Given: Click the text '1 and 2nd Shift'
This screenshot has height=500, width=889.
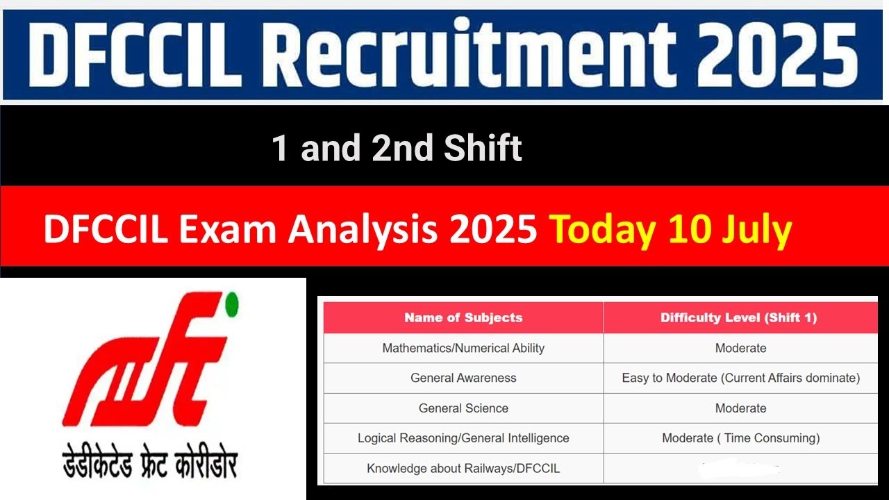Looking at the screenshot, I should tap(397, 148).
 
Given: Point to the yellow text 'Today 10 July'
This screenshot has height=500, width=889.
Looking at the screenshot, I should tap(670, 229).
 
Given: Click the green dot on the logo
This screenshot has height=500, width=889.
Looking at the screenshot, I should tap(232, 303).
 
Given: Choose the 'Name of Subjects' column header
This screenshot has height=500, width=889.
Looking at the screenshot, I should tap(463, 318).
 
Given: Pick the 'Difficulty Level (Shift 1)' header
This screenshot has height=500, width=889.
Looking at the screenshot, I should tap(739, 318).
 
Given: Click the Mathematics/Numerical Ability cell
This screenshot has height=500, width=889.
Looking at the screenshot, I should tap(463, 348).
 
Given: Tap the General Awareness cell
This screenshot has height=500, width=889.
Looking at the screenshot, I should tap(463, 378).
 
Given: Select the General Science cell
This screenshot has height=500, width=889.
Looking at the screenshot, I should tap(463, 408).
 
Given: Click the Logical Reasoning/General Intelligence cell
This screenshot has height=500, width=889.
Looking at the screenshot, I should tap(463, 438).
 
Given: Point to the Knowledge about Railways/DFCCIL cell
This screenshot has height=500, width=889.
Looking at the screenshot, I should tap(463, 469).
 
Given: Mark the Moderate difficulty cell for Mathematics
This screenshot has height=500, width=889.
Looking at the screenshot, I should tap(740, 348).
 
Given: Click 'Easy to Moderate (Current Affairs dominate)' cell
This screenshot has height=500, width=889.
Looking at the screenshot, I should tap(740, 378).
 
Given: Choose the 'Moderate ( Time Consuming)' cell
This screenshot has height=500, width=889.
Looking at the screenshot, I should tap(740, 438).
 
